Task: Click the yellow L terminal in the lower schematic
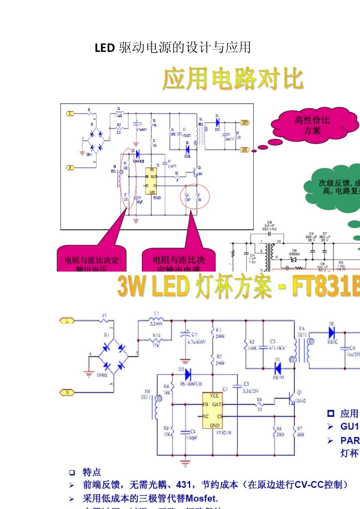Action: [x=67, y=321]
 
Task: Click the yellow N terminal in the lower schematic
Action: [x=67, y=392]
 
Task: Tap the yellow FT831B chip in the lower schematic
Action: [x=213, y=411]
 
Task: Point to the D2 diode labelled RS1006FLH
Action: [x=188, y=375]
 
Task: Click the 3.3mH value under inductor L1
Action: [x=156, y=324]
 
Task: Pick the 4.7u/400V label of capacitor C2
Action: [x=197, y=342]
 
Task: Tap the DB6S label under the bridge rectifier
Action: [x=102, y=375]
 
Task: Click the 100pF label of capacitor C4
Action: [x=191, y=438]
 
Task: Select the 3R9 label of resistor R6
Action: [x=280, y=435]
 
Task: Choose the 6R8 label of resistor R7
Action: [x=301, y=435]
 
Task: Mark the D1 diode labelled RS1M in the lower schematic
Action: [x=278, y=368]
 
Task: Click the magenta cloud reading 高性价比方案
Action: [x=313, y=125]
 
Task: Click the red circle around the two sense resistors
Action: [x=195, y=197]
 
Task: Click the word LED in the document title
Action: [x=105, y=48]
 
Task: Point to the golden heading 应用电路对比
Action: [x=233, y=79]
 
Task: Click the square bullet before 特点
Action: [x=72, y=472]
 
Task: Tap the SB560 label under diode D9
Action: [x=294, y=254]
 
